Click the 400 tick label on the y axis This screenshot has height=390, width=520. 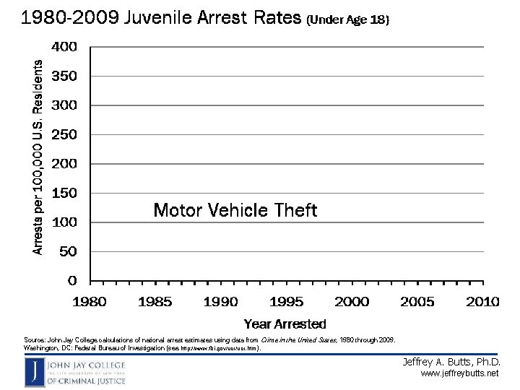coord(64,47)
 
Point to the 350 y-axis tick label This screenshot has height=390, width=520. coord(64,76)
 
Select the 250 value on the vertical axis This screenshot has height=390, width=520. coord(64,134)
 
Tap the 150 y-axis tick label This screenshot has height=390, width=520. coord(64,193)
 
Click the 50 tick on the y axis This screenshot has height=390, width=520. coord(67,251)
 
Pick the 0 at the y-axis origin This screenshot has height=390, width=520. coord(72,280)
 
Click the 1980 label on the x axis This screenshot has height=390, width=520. coord(89,302)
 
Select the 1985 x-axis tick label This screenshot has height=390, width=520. coord(155,302)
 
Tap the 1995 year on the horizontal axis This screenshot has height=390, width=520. coord(286,302)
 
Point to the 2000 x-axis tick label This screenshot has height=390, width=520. coord(352,302)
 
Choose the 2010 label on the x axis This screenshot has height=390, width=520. coord(482,302)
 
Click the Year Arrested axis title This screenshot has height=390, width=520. coord(285,324)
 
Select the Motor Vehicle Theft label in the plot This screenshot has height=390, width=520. coord(235,210)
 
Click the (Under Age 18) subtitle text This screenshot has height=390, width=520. coord(347,21)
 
